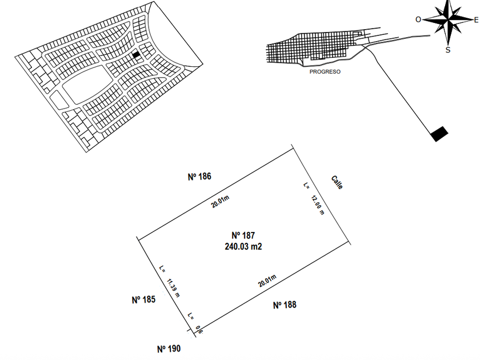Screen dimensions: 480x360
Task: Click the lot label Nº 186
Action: click(199, 177)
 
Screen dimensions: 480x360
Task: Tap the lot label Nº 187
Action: click(243, 235)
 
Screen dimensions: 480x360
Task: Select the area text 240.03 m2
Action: click(243, 246)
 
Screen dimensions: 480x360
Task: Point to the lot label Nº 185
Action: click(143, 299)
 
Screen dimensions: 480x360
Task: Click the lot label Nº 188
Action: click(285, 305)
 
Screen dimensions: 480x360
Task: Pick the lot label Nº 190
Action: click(169, 349)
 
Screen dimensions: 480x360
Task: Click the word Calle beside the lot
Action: click(337, 182)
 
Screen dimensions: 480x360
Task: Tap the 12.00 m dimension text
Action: click(318, 205)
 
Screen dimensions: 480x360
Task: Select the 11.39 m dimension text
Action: click(173, 288)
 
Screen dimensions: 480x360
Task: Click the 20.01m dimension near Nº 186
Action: click(220, 202)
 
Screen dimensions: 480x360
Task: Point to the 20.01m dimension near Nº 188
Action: click(267, 281)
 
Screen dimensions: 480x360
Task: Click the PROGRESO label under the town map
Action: click(325, 72)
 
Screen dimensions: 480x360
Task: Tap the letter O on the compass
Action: click(418, 19)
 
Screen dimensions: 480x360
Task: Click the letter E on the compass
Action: click(476, 20)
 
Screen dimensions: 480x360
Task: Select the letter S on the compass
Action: click(448, 50)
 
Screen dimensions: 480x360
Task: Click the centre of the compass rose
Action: click(448, 20)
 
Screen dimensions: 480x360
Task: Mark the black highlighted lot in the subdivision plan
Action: click(136, 54)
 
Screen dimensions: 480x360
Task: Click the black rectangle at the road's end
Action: click(439, 134)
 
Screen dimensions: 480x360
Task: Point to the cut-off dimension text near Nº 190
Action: click(199, 330)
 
